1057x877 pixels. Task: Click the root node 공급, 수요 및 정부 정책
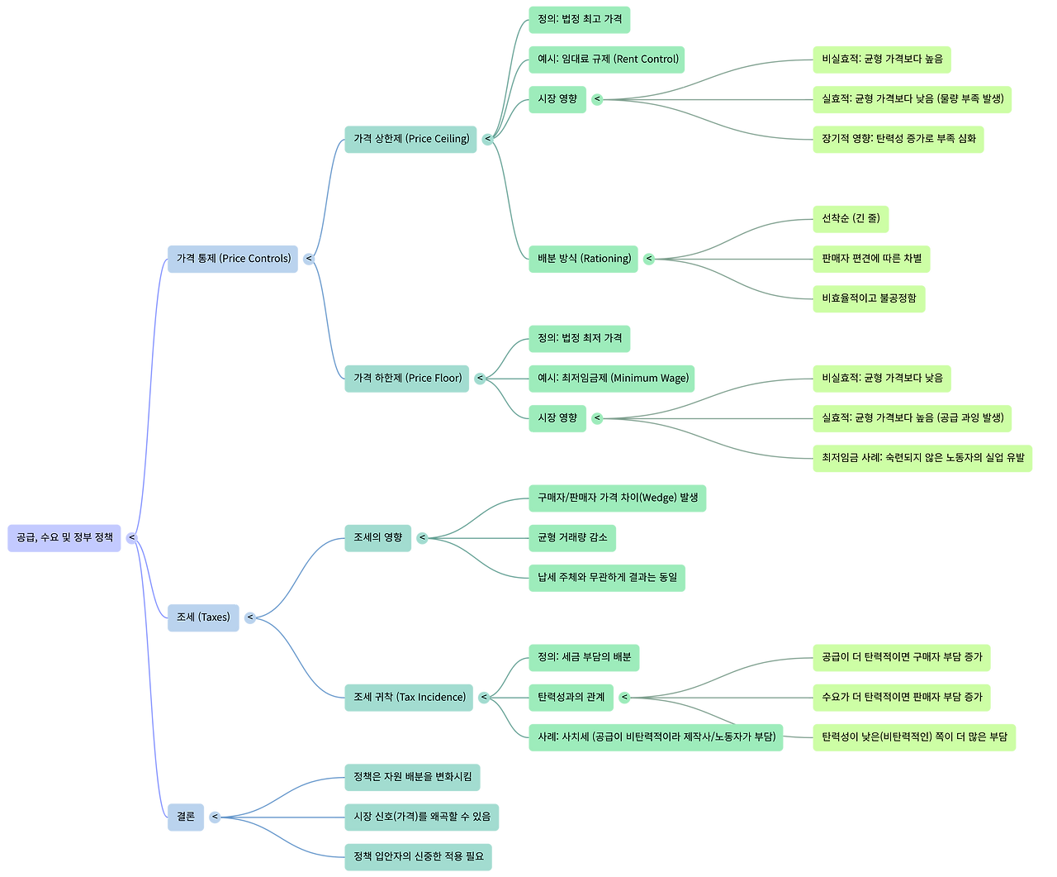pyautogui.click(x=64, y=538)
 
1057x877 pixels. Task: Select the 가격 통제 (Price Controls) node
pyautogui.click(x=233, y=259)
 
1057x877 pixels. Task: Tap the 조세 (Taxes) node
pyautogui.click(x=203, y=617)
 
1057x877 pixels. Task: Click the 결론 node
pyautogui.click(x=186, y=817)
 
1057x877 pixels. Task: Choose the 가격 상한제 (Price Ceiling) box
pyautogui.click(x=410, y=139)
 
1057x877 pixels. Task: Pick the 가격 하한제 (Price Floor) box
pyautogui.click(x=407, y=379)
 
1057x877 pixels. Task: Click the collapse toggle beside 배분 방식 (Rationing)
pyautogui.click(x=649, y=259)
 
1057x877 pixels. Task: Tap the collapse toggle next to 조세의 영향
pyautogui.click(x=421, y=538)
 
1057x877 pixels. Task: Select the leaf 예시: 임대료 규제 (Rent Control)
pyautogui.click(x=607, y=60)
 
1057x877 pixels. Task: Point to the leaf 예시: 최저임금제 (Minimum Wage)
pyautogui.click(x=612, y=379)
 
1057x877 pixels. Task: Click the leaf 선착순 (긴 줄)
pyautogui.click(x=851, y=219)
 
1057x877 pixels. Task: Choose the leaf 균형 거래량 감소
pyautogui.click(x=572, y=538)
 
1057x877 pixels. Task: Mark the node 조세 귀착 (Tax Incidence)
pyautogui.click(x=409, y=698)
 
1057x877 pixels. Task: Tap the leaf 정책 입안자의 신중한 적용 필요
pyautogui.click(x=419, y=856)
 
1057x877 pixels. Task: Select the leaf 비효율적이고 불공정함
pyautogui.click(x=869, y=298)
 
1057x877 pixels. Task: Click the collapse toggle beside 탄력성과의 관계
pyautogui.click(x=625, y=698)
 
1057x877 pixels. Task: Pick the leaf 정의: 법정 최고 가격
pyautogui.click(x=579, y=20)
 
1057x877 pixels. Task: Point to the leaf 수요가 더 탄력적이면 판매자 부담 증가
pyautogui.click(x=901, y=698)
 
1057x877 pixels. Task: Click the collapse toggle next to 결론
pyautogui.click(x=215, y=817)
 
